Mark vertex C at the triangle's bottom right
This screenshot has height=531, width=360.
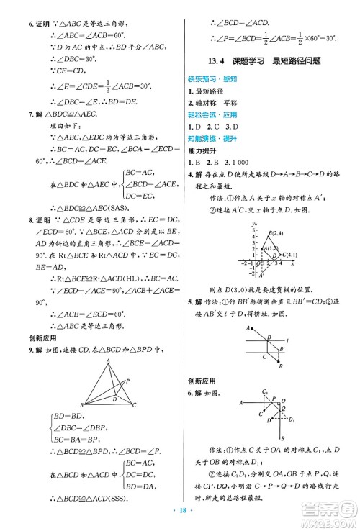(x=134, y=405)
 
